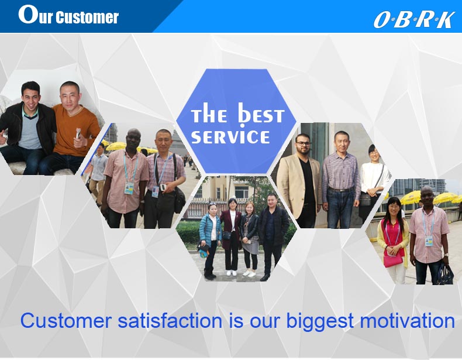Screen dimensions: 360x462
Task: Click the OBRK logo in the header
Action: (413, 19)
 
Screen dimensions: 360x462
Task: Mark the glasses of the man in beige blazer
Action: (302, 142)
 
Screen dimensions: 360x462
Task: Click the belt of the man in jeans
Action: (340, 189)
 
